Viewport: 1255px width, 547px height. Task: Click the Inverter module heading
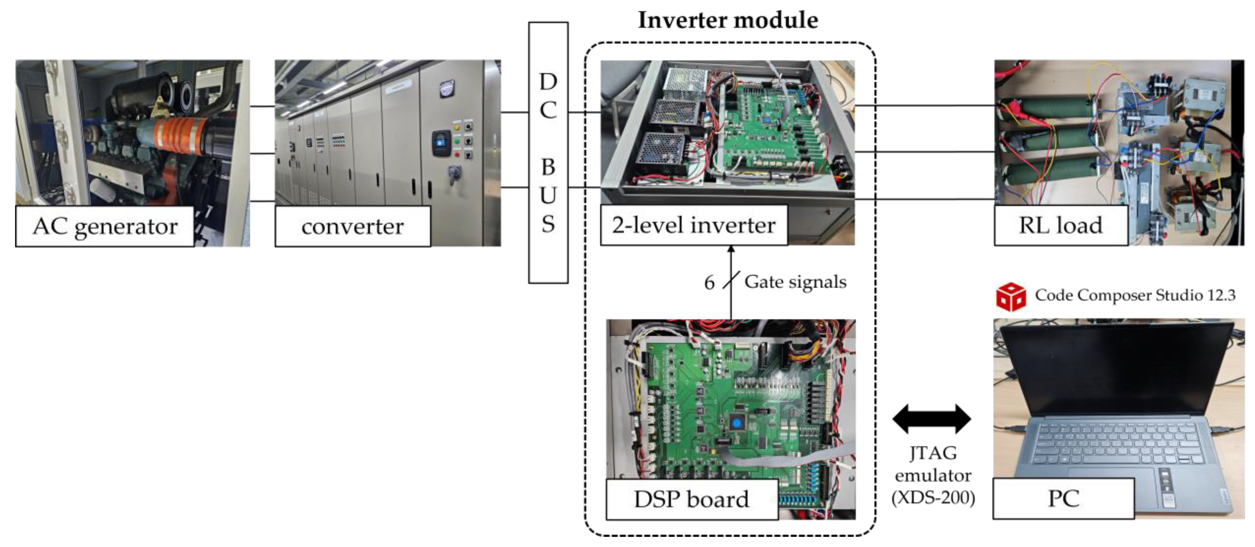(x=728, y=20)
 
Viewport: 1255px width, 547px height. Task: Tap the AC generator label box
(x=105, y=226)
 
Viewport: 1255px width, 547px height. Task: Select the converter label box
(x=352, y=226)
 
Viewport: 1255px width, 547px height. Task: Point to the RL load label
(x=1060, y=225)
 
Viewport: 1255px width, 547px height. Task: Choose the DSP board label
(x=691, y=499)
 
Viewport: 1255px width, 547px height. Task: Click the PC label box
(x=1063, y=498)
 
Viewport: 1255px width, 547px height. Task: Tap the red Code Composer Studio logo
(x=1010, y=296)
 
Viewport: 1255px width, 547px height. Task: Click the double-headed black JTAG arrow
(x=932, y=419)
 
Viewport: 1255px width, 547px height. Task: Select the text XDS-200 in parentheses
(x=933, y=497)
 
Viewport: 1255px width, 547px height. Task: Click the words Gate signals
(x=795, y=282)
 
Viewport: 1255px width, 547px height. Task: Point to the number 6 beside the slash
(x=709, y=283)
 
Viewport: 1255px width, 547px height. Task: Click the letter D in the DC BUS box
(x=548, y=82)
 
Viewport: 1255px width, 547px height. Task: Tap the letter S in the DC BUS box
(x=548, y=224)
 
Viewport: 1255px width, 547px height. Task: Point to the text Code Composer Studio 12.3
(x=1135, y=295)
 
